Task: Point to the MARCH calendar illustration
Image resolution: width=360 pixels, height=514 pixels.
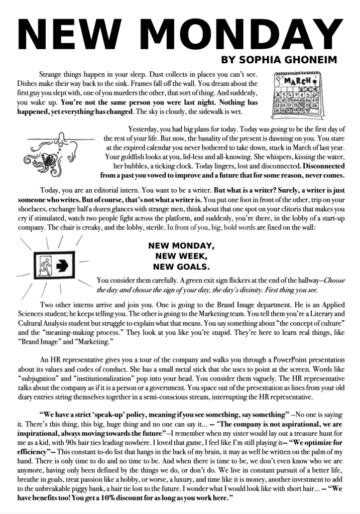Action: coord(297,92)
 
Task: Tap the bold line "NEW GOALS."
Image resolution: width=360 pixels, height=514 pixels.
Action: coord(181,266)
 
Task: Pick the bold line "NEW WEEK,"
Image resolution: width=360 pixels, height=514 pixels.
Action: coord(181,256)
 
